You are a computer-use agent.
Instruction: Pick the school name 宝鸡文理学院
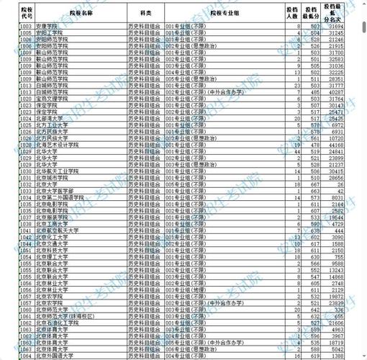click(53, 99)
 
